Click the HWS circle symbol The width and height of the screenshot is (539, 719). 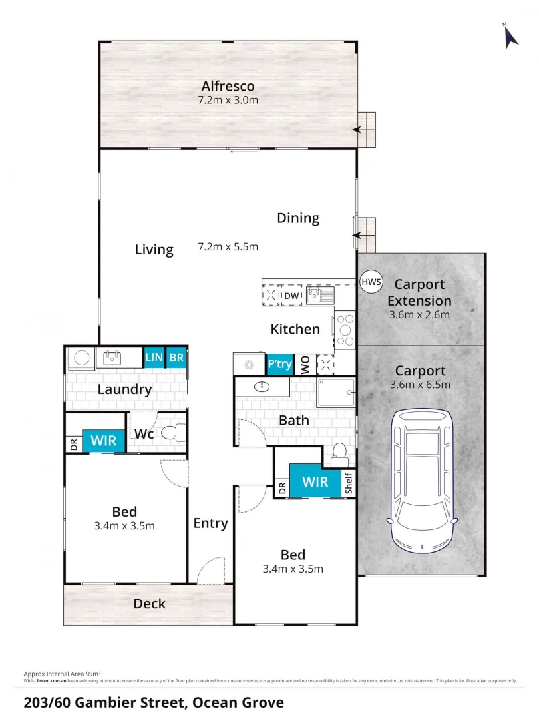[x=371, y=281]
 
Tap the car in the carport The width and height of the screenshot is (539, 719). [x=421, y=479]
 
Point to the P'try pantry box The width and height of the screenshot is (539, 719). [x=279, y=364]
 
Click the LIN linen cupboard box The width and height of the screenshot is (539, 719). [x=154, y=358]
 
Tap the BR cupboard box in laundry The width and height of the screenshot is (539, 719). [x=176, y=358]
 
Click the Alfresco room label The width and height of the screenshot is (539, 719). [x=228, y=86]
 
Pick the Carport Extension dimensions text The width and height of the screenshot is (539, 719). [x=419, y=315]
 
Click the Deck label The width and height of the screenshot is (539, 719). [x=149, y=604]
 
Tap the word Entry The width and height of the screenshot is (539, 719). [x=210, y=523]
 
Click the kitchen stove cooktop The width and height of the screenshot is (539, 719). [x=345, y=330]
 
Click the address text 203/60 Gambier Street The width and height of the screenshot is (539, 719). [x=153, y=702]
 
